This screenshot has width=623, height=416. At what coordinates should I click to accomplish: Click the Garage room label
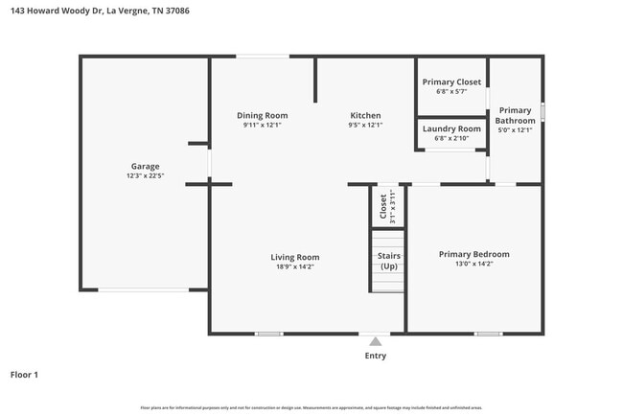[x=145, y=166]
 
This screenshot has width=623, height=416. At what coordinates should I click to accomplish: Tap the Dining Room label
[x=263, y=115]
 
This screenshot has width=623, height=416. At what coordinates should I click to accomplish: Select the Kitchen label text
[x=364, y=115]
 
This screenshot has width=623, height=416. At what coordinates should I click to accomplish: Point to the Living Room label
[x=294, y=257]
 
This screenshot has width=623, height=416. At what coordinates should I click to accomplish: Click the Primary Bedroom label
[x=473, y=254]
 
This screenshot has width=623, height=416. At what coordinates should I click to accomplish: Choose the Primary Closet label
[x=451, y=81]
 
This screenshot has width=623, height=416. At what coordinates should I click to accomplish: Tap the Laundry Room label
[x=451, y=128]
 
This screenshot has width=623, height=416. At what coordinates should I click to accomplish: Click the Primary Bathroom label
[x=515, y=115]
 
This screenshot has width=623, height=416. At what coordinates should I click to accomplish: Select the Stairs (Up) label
[x=388, y=261]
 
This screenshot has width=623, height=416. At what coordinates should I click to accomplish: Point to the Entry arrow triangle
[x=376, y=341]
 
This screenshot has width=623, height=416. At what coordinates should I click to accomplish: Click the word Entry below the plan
[x=376, y=356]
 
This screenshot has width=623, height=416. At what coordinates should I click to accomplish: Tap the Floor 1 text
[x=24, y=375]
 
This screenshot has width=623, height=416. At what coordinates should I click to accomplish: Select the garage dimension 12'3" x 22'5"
[x=145, y=176]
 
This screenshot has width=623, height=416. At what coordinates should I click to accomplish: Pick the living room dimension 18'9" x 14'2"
[x=294, y=267]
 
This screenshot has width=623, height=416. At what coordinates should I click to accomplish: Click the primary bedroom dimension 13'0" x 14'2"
[x=473, y=265]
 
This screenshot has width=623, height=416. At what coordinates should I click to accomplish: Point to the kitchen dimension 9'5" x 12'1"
[x=364, y=125]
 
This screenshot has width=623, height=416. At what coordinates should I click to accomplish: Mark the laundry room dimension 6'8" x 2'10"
[x=451, y=138]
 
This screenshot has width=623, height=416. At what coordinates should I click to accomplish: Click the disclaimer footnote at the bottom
[x=311, y=407]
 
